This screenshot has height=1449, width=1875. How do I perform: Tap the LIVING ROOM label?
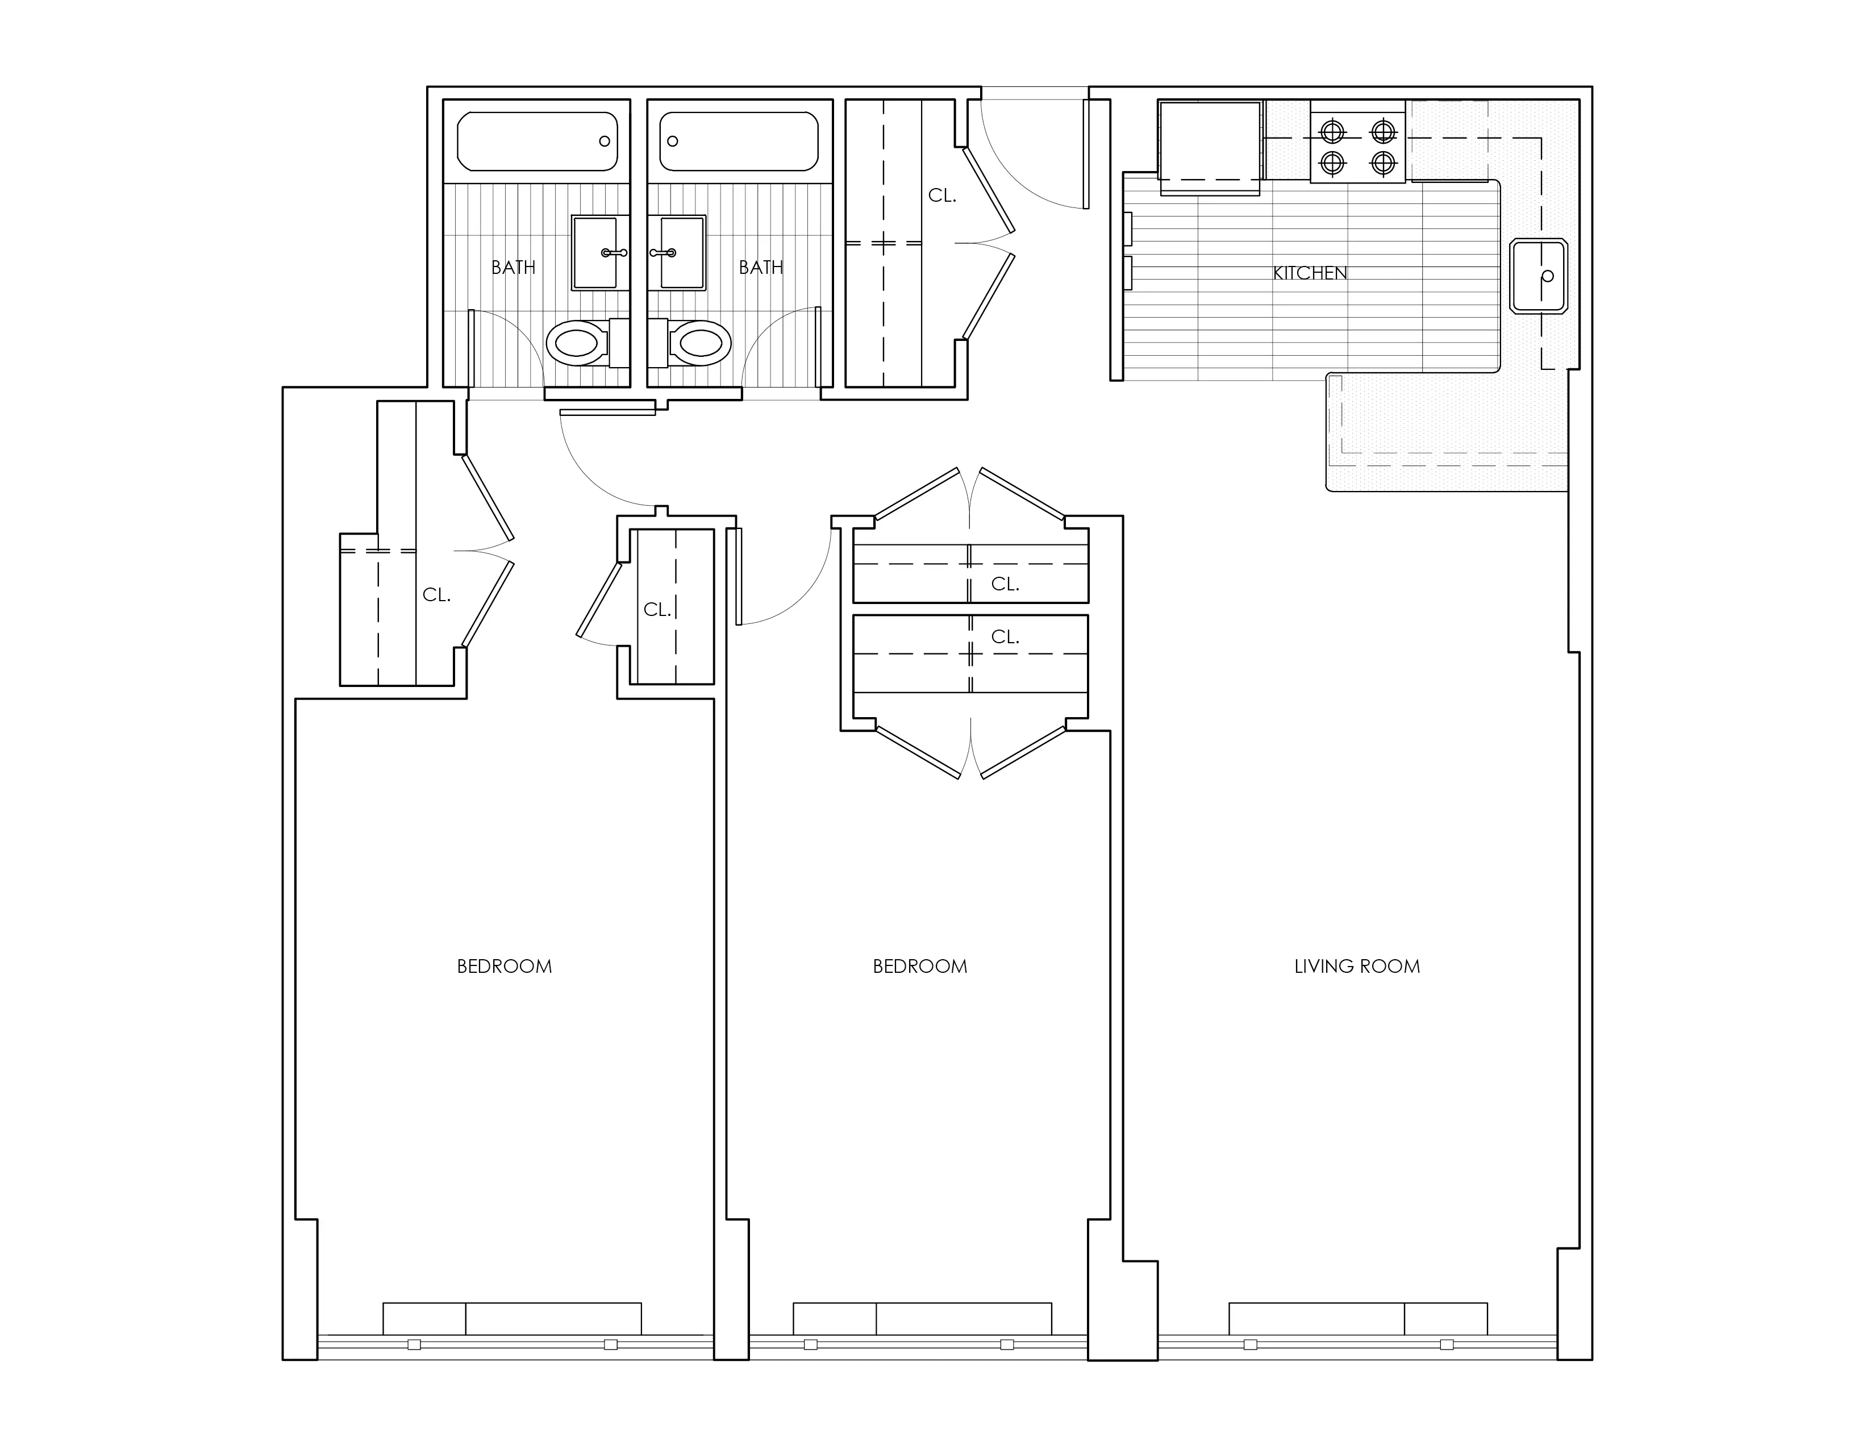1357,967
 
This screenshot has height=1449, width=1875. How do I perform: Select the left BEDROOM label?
504,967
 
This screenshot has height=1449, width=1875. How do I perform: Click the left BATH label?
514,268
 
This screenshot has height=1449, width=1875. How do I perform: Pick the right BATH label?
761,268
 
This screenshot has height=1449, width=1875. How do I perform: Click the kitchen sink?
1539,276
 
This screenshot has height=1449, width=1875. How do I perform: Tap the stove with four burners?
1357,141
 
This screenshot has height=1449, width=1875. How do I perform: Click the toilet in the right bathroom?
689,343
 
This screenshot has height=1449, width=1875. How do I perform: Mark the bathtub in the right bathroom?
738,141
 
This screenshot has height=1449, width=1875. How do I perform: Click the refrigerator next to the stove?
1210,147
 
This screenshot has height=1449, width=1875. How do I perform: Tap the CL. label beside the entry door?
942,195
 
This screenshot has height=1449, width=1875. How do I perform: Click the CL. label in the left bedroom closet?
436,595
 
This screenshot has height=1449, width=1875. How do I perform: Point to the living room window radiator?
1358,1318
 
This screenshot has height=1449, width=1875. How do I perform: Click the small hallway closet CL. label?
657,610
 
